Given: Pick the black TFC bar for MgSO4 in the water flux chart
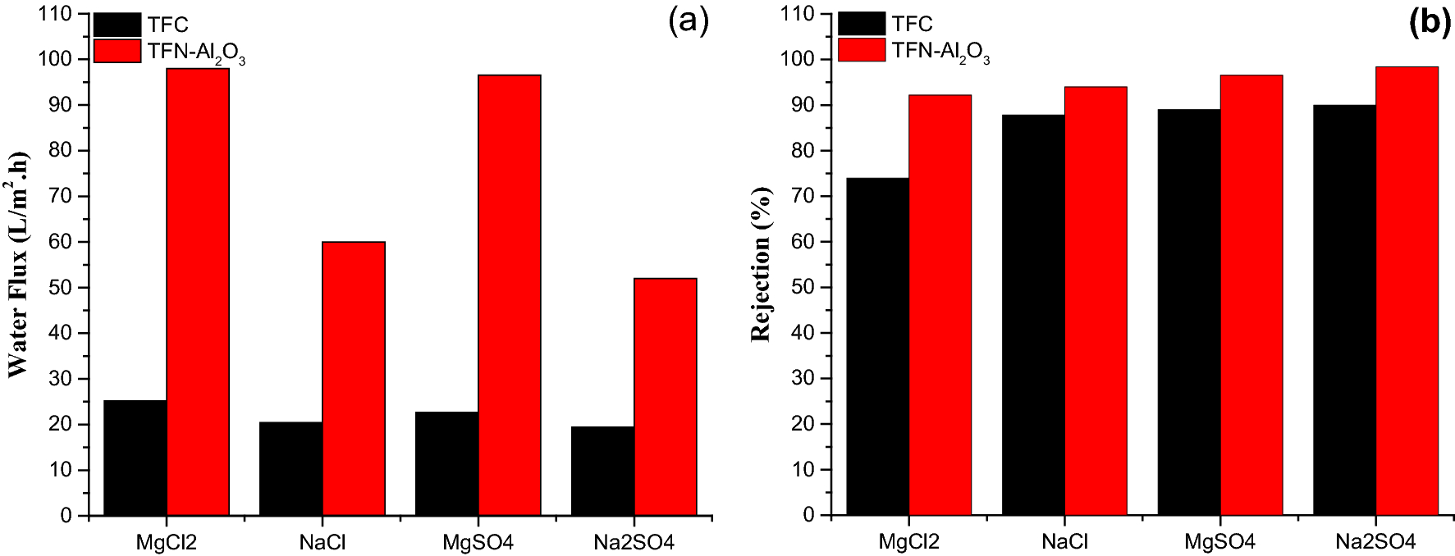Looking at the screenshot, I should [x=446, y=464].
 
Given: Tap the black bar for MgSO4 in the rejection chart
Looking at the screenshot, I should [x=1188, y=312].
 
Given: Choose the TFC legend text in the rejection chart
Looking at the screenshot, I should [x=913, y=25].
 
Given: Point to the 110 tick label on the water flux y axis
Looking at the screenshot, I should [x=58, y=14].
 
